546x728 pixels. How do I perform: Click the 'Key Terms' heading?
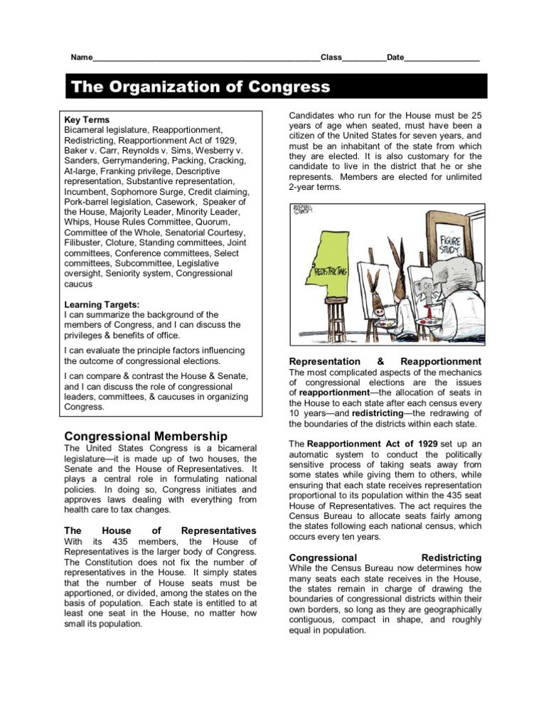(87, 119)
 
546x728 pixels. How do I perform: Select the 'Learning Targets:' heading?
(102, 304)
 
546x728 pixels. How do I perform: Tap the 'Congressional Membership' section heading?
(146, 435)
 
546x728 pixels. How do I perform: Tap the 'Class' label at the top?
(331, 58)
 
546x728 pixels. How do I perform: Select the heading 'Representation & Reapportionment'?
(385, 361)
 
